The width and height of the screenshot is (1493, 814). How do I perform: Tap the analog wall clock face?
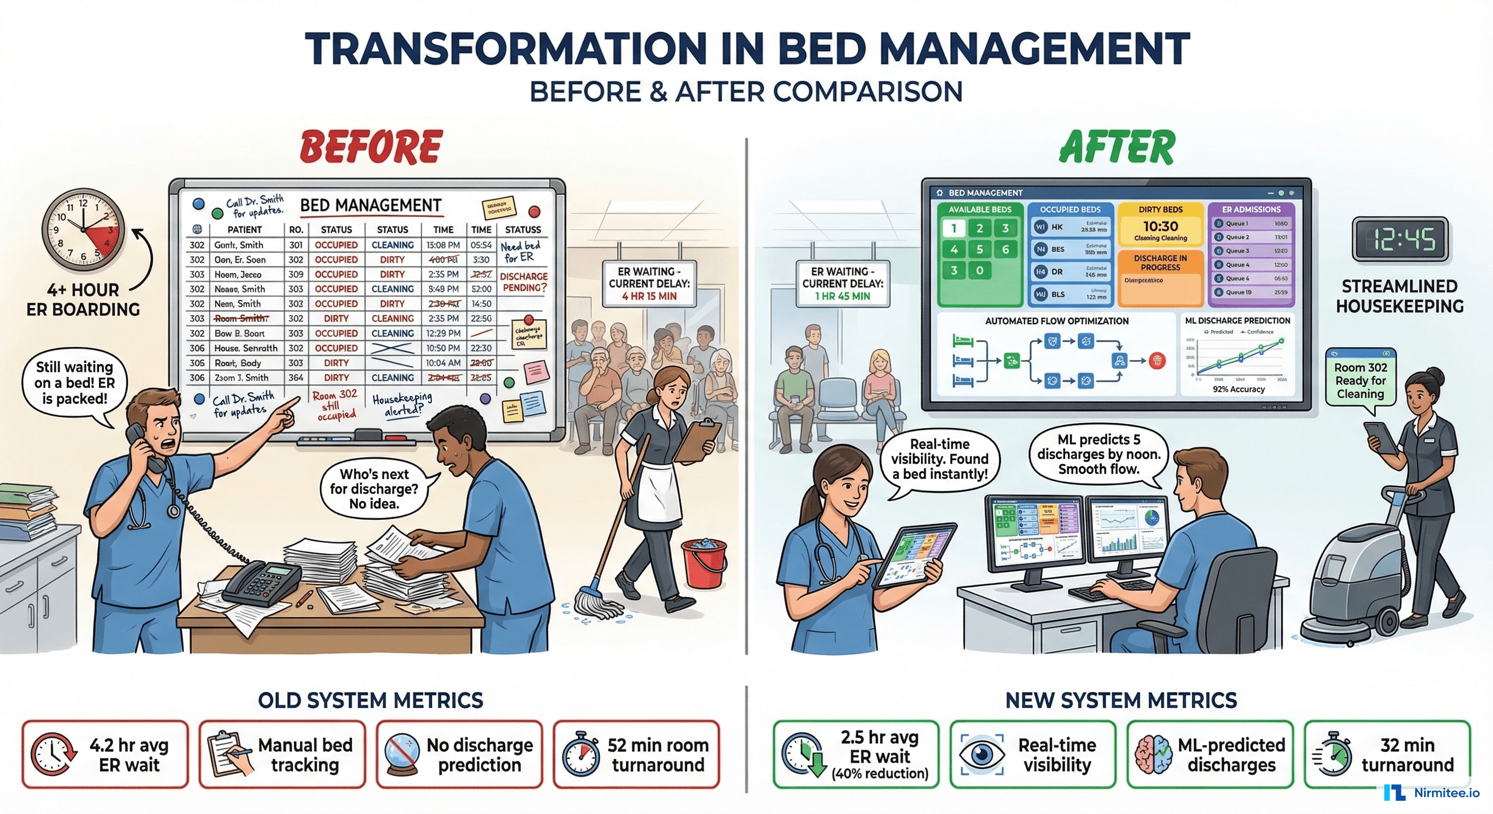click(x=83, y=229)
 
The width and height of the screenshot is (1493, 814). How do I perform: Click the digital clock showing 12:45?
click(x=1399, y=238)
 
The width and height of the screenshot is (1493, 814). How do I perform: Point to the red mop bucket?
click(x=704, y=562)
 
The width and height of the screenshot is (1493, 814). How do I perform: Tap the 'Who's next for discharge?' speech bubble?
click(x=374, y=489)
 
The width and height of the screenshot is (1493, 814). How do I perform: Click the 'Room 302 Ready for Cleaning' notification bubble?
click(x=1360, y=381)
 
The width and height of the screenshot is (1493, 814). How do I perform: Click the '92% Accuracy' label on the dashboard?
click(x=1238, y=390)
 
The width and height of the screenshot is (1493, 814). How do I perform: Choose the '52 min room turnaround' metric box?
click(x=636, y=754)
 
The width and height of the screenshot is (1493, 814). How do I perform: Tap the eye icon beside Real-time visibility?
click(x=981, y=754)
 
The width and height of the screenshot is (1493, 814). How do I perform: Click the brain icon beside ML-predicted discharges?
click(x=1153, y=754)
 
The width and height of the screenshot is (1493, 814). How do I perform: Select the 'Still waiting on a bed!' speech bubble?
click(x=74, y=384)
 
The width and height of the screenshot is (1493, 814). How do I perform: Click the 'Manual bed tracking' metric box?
click(x=282, y=754)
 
